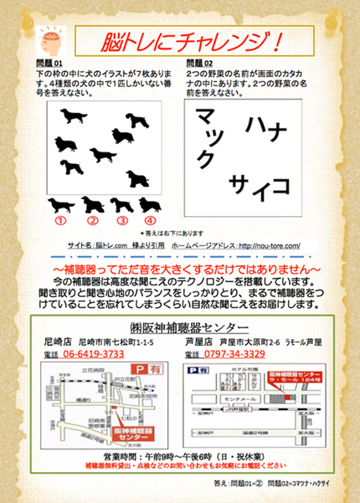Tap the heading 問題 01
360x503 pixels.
coord(49,63)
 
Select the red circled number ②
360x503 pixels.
coord(92,221)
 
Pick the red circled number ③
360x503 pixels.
coord(122,221)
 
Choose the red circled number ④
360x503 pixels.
coord(150,221)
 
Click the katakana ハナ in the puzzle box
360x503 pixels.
coord(267,128)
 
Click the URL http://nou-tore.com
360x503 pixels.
coord(273,247)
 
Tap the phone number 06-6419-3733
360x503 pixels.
coord(94,354)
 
